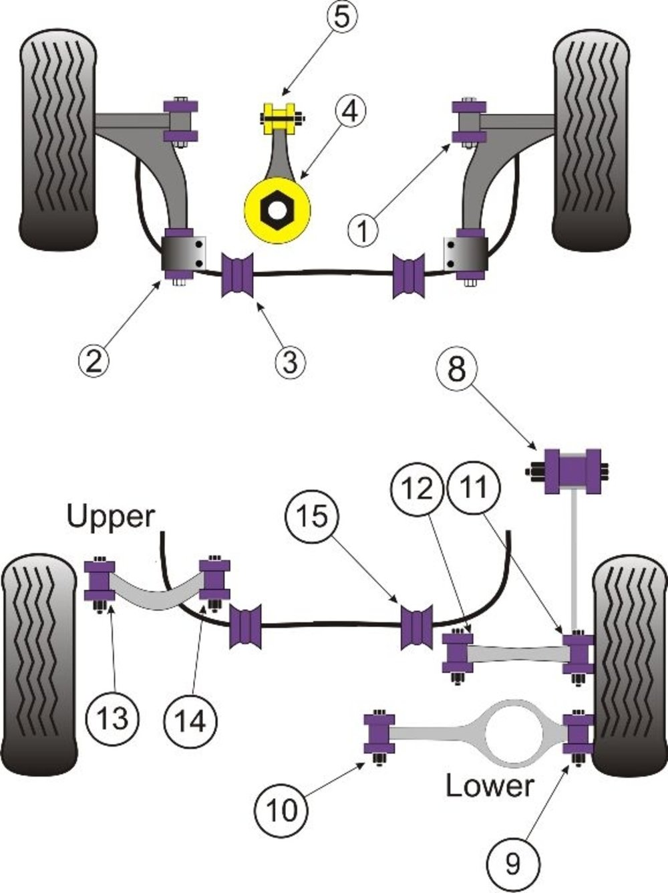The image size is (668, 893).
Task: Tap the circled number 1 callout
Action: (363, 231)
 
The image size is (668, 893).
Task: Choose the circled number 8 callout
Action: (456, 368)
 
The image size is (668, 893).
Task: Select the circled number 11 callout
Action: (475, 487)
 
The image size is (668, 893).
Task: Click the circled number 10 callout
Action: (281, 809)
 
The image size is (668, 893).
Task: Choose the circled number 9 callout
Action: (512, 865)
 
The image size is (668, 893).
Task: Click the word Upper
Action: (110, 516)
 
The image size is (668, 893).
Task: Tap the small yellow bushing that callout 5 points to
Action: (281, 120)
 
